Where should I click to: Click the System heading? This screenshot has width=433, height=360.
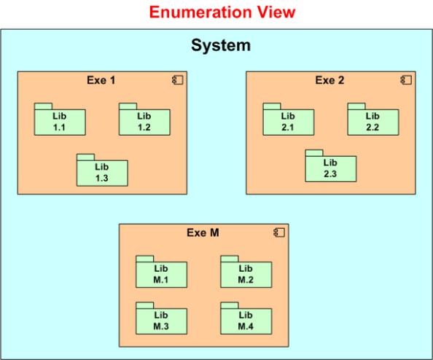pyautogui.click(x=221, y=45)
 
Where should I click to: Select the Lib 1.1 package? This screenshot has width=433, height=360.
pyautogui.click(x=60, y=122)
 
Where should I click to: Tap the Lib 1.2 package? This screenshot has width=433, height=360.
pyautogui.click(x=144, y=122)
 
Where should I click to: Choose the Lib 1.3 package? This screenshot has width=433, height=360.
pyautogui.click(x=102, y=173)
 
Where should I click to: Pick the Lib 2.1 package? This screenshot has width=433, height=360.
pyautogui.click(x=288, y=122)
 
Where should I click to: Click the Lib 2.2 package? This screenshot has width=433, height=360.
pyautogui.click(x=372, y=122)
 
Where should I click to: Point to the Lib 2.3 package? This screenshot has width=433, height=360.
pyautogui.click(x=330, y=168)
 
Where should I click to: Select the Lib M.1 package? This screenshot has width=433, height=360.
pyautogui.click(x=161, y=274)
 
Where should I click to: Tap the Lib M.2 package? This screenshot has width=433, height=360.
pyautogui.click(x=246, y=274)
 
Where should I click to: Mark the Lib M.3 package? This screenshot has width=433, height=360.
pyautogui.click(x=161, y=321)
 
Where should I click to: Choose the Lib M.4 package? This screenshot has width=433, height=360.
pyautogui.click(x=246, y=321)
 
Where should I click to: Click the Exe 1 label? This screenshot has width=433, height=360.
pyautogui.click(x=101, y=80)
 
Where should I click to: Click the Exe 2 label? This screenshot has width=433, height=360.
pyautogui.click(x=329, y=80)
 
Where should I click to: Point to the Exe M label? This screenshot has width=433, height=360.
pyautogui.click(x=203, y=232)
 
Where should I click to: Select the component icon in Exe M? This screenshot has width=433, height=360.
pyautogui.click(x=278, y=232)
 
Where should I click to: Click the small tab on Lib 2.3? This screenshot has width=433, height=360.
pyautogui.click(x=314, y=152)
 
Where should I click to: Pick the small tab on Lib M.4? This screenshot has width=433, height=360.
pyautogui.click(x=230, y=305)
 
